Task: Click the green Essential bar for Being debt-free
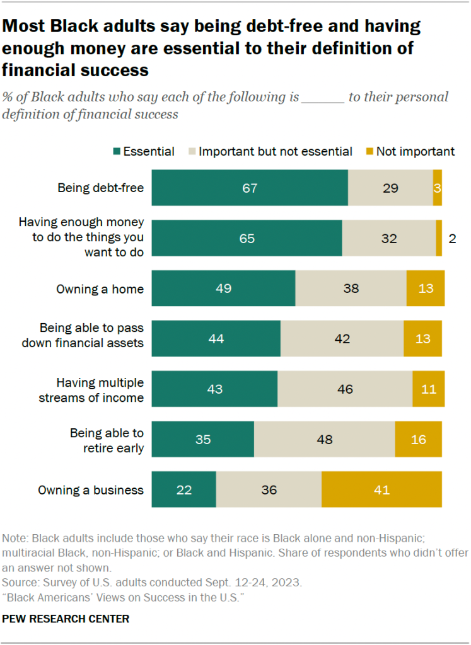tap(250, 188)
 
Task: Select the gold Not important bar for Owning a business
tap(381, 489)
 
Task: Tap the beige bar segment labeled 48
tap(324, 439)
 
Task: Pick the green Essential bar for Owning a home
tap(223, 288)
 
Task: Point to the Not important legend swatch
tap(370, 151)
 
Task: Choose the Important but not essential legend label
tap(275, 151)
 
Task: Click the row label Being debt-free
tap(100, 188)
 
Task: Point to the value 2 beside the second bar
tap(451, 239)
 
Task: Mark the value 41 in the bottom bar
tap(381, 490)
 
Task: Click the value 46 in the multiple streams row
tap(344, 389)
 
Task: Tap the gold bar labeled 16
tap(418, 439)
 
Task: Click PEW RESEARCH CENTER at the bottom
tap(66, 619)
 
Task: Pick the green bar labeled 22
tap(183, 489)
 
